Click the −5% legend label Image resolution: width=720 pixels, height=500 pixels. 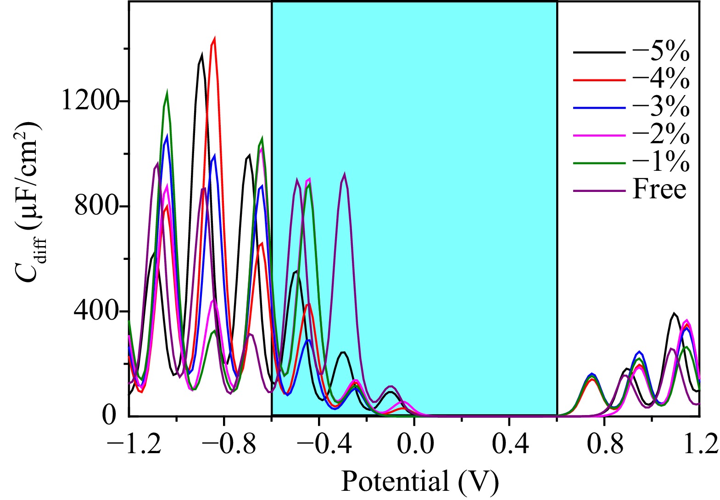click(661, 52)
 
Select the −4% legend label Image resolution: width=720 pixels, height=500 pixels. click(661, 79)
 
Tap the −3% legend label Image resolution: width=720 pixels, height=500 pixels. click(661, 107)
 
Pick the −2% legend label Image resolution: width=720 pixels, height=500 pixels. click(661, 135)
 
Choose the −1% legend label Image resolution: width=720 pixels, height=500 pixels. click(661, 162)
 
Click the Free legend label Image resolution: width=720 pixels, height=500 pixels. click(659, 189)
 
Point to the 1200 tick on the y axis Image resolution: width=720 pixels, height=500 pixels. click(89, 100)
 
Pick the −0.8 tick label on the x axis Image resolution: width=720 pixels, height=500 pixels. click(225, 444)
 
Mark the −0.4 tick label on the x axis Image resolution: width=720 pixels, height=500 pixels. click(319, 444)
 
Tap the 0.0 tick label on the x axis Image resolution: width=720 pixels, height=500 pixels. click(414, 444)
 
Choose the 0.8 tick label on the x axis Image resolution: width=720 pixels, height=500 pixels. click(604, 444)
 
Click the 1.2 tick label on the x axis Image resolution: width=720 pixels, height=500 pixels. click(699, 444)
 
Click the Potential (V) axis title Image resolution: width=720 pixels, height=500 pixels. click(419, 481)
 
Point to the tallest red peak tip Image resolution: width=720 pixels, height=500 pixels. click(214, 39)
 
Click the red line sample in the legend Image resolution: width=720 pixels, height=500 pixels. click(599, 80)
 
